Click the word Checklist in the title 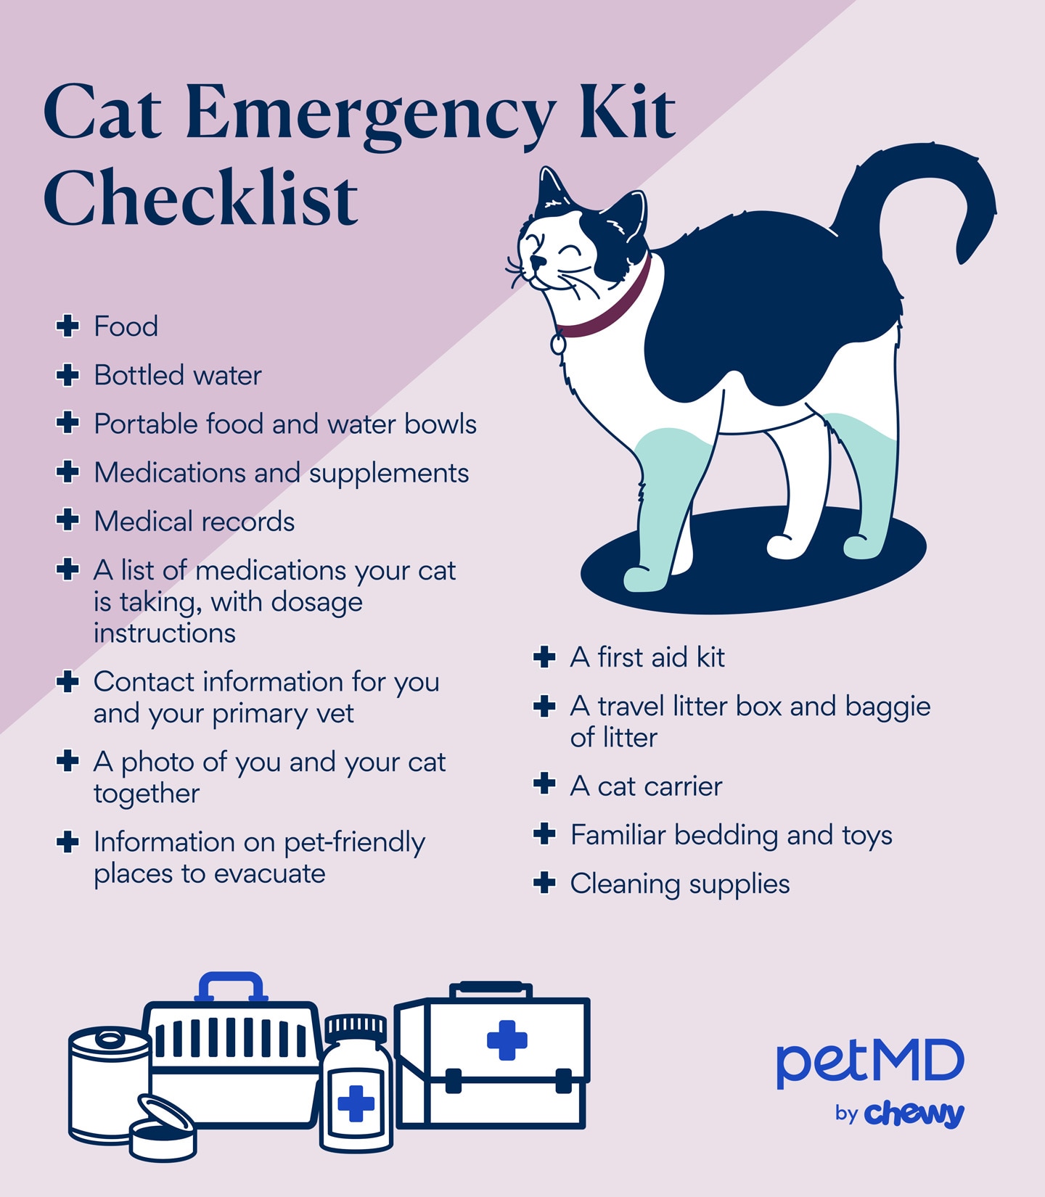pyautogui.click(x=200, y=198)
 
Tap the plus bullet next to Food pyautogui.click(x=67, y=326)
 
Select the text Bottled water pyautogui.click(x=177, y=375)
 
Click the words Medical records pyautogui.click(x=194, y=522)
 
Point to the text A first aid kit pyautogui.click(x=647, y=657)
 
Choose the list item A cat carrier pyautogui.click(x=646, y=786)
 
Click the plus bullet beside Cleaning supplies pyautogui.click(x=544, y=883)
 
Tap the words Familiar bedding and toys pyautogui.click(x=731, y=835)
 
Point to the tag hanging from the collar pyautogui.click(x=558, y=342)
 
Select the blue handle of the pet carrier pyautogui.click(x=230, y=986)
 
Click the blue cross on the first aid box pyautogui.click(x=507, y=1040)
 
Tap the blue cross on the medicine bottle pyautogui.click(x=356, y=1103)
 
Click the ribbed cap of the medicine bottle pyautogui.click(x=356, y=1027)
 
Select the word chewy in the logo pyautogui.click(x=914, y=1114)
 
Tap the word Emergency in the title pyautogui.click(x=370, y=112)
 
